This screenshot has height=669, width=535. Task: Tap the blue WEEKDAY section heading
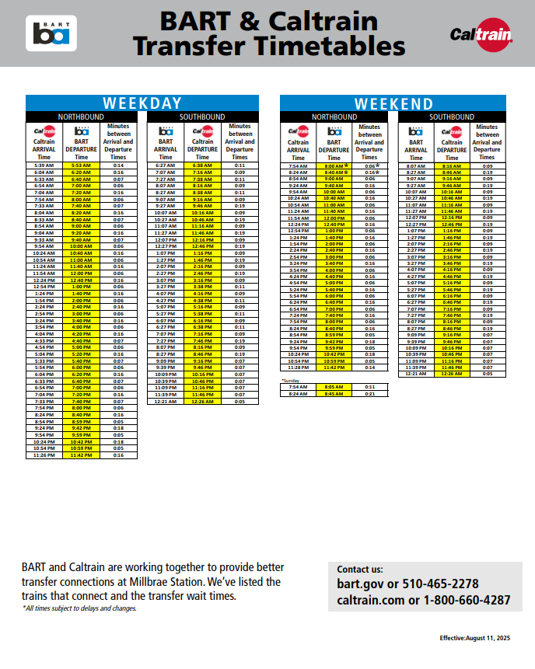142,103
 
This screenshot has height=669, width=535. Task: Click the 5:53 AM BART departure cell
82,166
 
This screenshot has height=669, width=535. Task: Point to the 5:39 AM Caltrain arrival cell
44,166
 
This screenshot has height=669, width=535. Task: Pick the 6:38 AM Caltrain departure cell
202,166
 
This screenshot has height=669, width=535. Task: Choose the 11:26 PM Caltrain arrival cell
44,455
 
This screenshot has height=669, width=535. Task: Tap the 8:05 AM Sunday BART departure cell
334,386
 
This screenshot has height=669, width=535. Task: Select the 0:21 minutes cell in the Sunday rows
370,393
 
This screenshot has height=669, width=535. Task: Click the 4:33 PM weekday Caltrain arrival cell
44,340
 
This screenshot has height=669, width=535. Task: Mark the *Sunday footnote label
289,380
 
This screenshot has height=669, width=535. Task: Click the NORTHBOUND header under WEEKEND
334,117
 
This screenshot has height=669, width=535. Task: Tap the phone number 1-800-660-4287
466,600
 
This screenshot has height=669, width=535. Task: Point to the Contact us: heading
360,570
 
